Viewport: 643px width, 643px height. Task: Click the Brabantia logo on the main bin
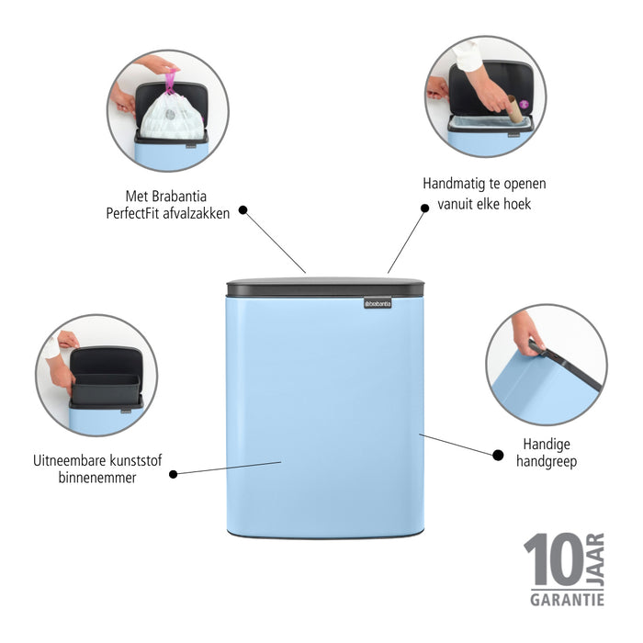click(x=378, y=302)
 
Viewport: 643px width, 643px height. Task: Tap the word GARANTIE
click(x=566, y=600)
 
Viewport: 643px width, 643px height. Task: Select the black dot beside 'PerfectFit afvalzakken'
click(x=243, y=209)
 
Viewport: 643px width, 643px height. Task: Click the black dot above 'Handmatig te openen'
click(x=424, y=208)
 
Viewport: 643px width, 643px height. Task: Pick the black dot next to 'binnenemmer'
click(x=173, y=473)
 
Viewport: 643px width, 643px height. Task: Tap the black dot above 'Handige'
click(x=498, y=454)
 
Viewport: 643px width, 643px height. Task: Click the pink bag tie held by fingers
click(x=170, y=80)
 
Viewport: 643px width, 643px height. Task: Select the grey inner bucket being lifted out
click(x=106, y=389)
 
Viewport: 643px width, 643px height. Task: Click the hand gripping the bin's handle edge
click(x=527, y=331)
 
